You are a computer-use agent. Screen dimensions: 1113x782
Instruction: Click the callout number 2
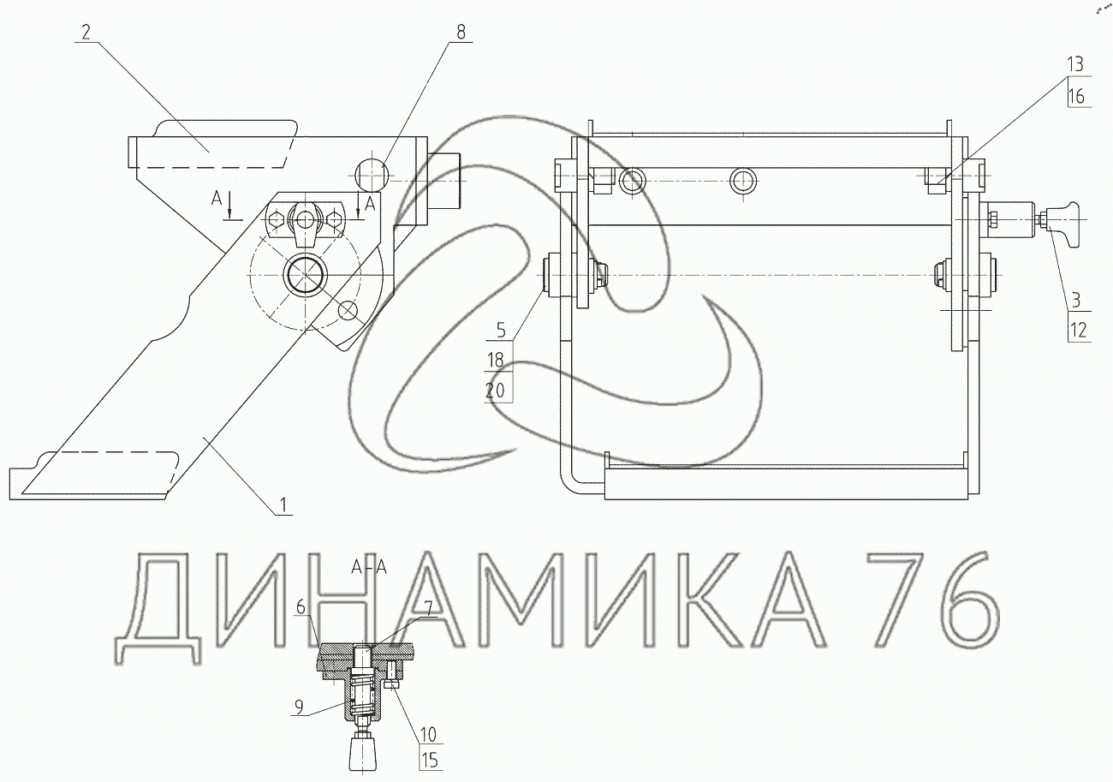tap(86, 33)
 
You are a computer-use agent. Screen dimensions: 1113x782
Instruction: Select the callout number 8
tap(461, 33)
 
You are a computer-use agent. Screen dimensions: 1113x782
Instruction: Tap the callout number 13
tap(1075, 64)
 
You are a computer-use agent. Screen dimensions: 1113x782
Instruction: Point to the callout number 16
tap(1076, 95)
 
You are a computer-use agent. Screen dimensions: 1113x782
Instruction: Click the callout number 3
tap(1075, 300)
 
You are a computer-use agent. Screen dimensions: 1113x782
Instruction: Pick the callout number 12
tap(1077, 330)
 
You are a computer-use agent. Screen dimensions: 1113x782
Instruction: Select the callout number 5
tap(501, 330)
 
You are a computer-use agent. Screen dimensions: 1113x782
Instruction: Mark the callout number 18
tap(496, 360)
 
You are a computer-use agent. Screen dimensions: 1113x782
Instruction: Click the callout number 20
tap(495, 391)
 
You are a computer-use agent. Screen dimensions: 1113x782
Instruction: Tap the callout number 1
tap(283, 505)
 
